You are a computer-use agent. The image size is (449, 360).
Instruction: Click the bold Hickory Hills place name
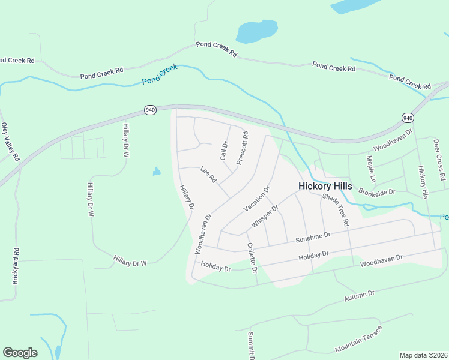click(x=325, y=187)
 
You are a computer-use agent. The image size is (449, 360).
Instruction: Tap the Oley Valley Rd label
click(x=10, y=142)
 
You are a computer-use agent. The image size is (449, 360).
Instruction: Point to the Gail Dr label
click(x=224, y=150)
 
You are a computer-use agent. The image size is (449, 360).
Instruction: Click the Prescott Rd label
click(x=242, y=149)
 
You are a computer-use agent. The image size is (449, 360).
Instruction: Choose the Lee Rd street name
click(x=208, y=175)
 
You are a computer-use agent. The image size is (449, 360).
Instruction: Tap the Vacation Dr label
click(x=257, y=199)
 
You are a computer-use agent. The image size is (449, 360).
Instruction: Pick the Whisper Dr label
click(x=265, y=217)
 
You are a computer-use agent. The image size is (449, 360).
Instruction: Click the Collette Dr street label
click(x=252, y=259)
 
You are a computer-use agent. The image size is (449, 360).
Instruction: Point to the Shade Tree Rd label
click(x=336, y=209)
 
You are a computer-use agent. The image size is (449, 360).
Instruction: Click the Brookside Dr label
click(x=377, y=192)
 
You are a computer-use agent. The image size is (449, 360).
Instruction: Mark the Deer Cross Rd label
click(x=439, y=160)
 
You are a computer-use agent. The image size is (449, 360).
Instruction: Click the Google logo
click(x=20, y=353)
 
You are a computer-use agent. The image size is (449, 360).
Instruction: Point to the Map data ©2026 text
click(x=423, y=355)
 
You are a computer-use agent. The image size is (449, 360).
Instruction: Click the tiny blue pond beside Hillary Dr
click(x=157, y=172)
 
